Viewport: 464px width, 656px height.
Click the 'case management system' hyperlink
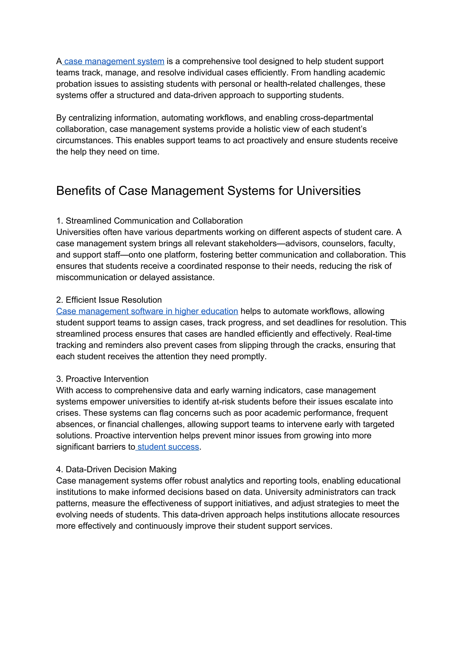coord(114,61)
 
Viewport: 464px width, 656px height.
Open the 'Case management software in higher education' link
coord(147,311)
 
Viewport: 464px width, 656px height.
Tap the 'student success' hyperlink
coord(168,447)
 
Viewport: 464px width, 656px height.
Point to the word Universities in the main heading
coord(328,191)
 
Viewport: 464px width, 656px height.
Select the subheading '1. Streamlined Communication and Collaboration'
coord(150,221)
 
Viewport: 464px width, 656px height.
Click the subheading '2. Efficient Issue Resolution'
coord(109,300)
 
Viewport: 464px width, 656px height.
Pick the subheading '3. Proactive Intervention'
coord(102,379)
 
